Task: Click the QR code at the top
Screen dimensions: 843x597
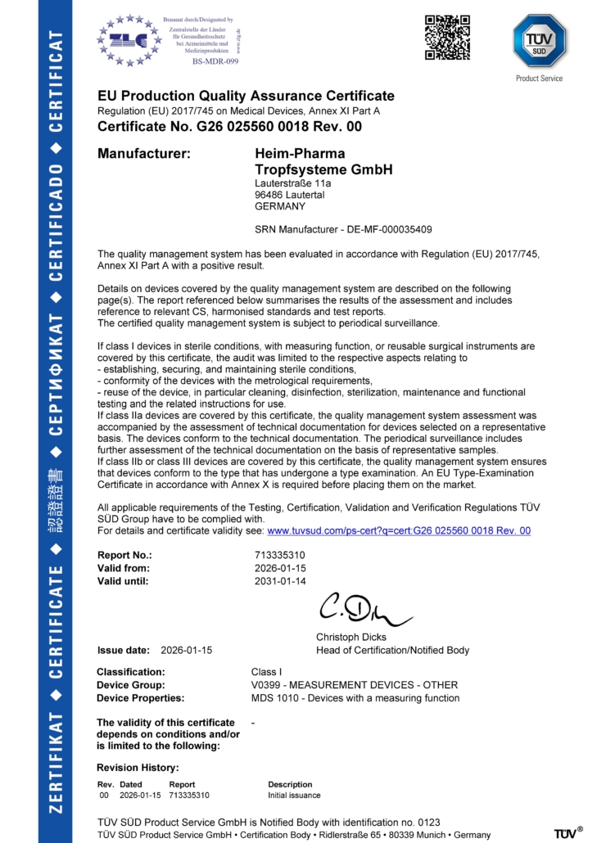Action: tap(447, 37)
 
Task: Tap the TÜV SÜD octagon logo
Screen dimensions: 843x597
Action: tap(539, 40)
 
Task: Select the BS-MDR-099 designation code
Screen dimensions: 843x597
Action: tap(215, 61)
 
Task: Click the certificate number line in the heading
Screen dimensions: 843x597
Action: tap(229, 127)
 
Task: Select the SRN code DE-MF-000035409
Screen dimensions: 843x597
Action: tap(390, 229)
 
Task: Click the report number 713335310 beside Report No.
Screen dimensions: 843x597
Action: tap(280, 556)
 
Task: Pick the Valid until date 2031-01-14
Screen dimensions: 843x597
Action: tap(280, 581)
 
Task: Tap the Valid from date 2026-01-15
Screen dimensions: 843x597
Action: tap(280, 568)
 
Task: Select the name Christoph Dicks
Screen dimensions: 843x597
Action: tap(351, 637)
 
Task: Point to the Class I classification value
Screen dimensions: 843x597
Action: tap(267, 672)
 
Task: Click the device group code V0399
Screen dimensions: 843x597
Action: tap(268, 685)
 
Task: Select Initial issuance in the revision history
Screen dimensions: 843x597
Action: tap(294, 795)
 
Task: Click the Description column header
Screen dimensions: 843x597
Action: tap(290, 784)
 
